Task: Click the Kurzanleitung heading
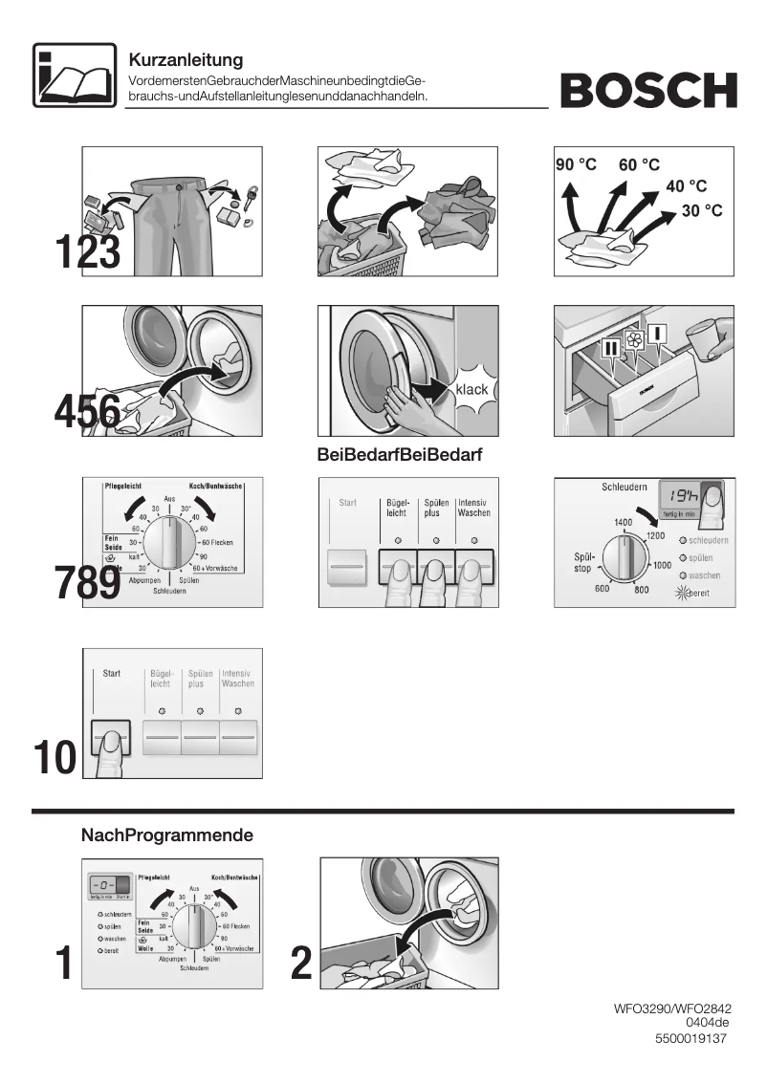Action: coord(186,61)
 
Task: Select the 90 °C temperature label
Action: coord(576,164)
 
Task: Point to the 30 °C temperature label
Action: coord(702,210)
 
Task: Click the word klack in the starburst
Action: coord(471,390)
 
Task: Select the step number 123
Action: coord(87,252)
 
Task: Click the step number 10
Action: coord(55,757)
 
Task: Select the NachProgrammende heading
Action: coord(167,835)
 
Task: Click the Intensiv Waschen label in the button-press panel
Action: coord(473,508)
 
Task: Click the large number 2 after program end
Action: coord(301,964)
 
